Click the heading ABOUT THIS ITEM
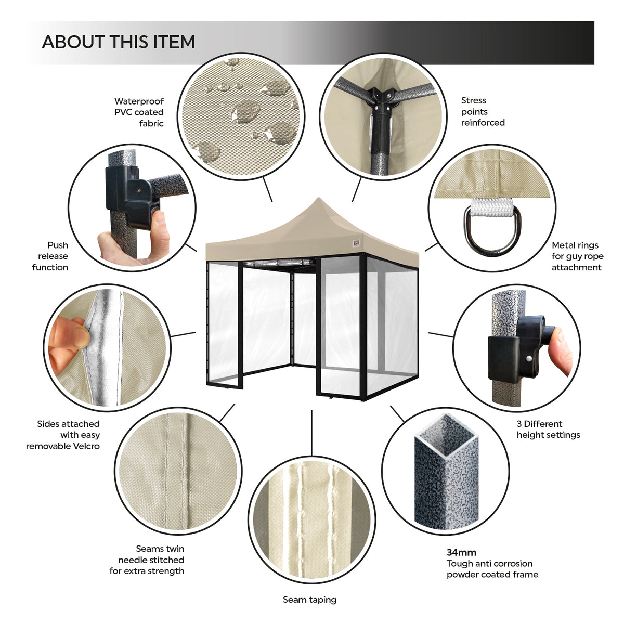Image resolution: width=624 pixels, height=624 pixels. [119, 42]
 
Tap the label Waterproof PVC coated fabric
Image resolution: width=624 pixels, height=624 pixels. [139, 112]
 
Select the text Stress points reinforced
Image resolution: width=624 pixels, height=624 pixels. [483, 111]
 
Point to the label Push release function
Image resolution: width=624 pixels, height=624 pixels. [50, 256]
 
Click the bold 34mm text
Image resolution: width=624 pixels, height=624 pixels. [461, 552]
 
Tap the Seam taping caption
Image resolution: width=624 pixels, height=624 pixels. [309, 600]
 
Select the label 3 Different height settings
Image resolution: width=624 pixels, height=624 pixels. [548, 429]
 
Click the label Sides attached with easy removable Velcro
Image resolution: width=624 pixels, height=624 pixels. [63, 435]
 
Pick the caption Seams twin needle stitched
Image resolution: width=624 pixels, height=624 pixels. [147, 560]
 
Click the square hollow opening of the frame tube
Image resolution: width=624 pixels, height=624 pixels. [446, 432]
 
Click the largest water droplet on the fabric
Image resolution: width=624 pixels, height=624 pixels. [245, 110]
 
